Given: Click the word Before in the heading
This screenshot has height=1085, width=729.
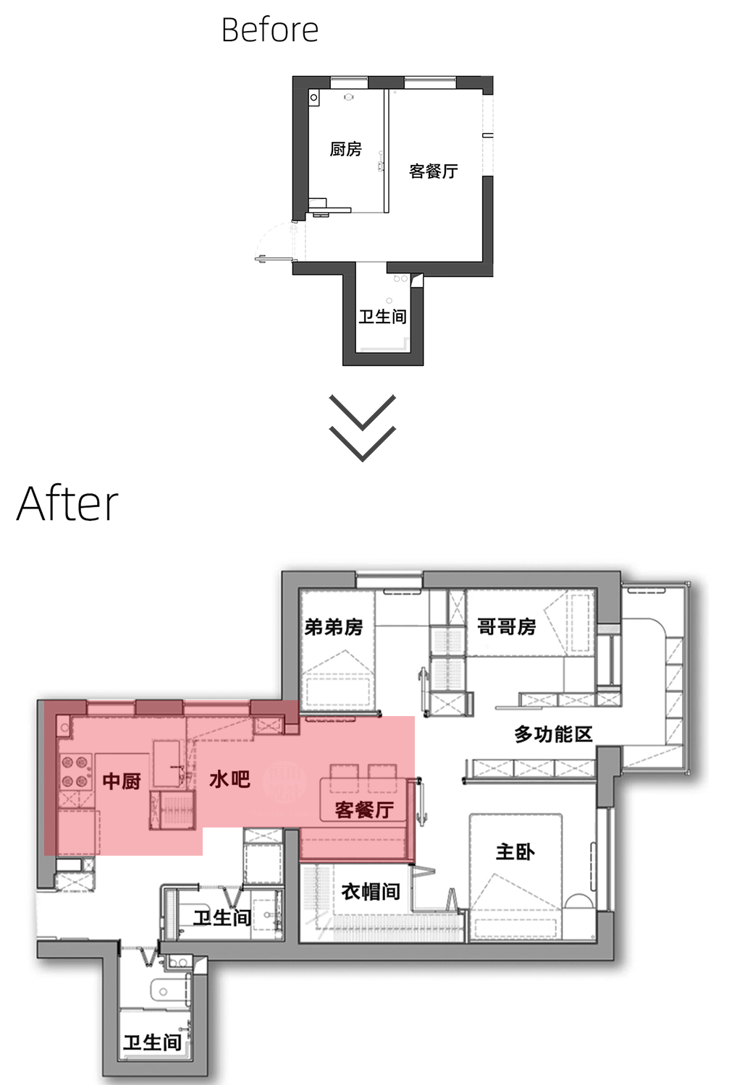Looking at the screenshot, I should pyautogui.click(x=269, y=30).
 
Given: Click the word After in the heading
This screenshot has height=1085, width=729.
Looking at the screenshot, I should pyautogui.click(x=67, y=504).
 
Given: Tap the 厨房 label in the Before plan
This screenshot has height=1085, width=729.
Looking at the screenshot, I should pyautogui.click(x=345, y=149).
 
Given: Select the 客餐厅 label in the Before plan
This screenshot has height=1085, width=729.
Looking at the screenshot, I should pyautogui.click(x=433, y=171).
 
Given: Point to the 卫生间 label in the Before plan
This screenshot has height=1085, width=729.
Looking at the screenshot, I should pyautogui.click(x=382, y=316).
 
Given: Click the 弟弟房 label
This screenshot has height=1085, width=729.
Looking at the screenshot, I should pyautogui.click(x=333, y=626).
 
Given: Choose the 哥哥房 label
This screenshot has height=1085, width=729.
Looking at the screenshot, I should pyautogui.click(x=506, y=626).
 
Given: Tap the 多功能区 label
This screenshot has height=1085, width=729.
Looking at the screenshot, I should pyautogui.click(x=553, y=734).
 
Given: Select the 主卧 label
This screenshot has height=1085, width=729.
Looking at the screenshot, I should pyautogui.click(x=515, y=851).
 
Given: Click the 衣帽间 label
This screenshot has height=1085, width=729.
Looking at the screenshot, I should pyautogui.click(x=371, y=891).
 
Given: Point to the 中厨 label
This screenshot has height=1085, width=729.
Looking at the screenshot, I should pyautogui.click(x=122, y=780).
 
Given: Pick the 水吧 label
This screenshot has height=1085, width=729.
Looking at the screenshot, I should pyautogui.click(x=229, y=779).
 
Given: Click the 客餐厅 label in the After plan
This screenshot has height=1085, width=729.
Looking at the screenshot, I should pyautogui.click(x=364, y=809).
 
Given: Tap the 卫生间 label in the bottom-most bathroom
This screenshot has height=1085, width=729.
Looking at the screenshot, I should pyautogui.click(x=152, y=1042).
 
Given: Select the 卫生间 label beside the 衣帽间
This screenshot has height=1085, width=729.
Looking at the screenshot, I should pyautogui.click(x=222, y=918).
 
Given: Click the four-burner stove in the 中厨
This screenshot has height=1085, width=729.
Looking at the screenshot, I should pyautogui.click(x=75, y=771).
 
